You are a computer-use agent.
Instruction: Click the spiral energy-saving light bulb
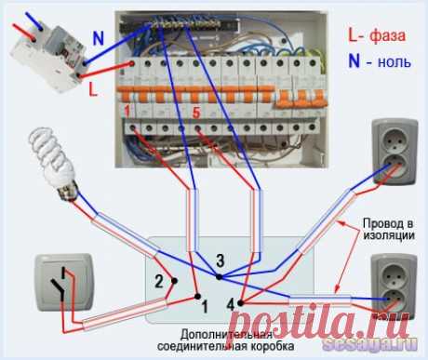tap(53, 162)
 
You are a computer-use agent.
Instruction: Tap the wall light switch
tap(64, 282)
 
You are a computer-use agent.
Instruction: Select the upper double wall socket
tap(395, 152)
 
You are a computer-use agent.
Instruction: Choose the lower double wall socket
tap(395, 287)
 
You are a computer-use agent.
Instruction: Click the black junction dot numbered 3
tap(219, 276)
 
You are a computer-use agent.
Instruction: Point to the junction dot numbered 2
tap(174, 281)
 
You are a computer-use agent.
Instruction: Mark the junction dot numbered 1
tap(197, 297)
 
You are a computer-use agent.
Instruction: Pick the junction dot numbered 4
tap(240, 303)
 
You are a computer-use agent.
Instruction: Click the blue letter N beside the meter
tap(99, 38)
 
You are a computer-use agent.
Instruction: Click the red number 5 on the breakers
tap(196, 113)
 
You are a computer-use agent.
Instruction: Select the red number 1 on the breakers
tap(127, 112)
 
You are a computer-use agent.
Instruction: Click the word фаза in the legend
tap(387, 35)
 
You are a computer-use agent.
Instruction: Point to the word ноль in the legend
tap(395, 62)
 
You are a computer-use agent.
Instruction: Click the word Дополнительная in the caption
tap(226, 335)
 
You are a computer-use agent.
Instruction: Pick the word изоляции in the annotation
tap(389, 235)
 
